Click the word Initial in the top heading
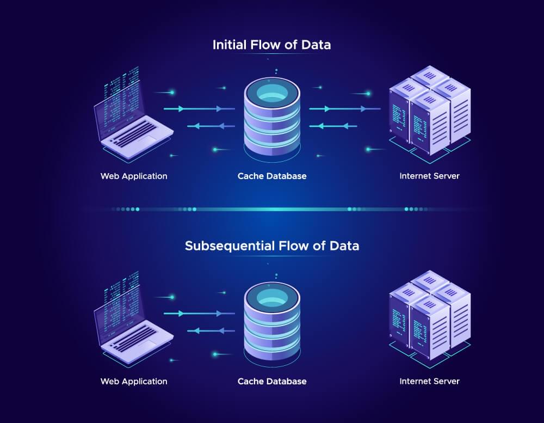229,45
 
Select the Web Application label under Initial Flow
134,176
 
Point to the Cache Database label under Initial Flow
272,176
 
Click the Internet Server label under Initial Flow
429,176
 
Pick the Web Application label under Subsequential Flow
134,381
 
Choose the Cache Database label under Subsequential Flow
272,381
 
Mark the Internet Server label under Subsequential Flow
429,381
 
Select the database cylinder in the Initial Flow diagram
272,117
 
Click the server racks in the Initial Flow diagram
430,112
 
